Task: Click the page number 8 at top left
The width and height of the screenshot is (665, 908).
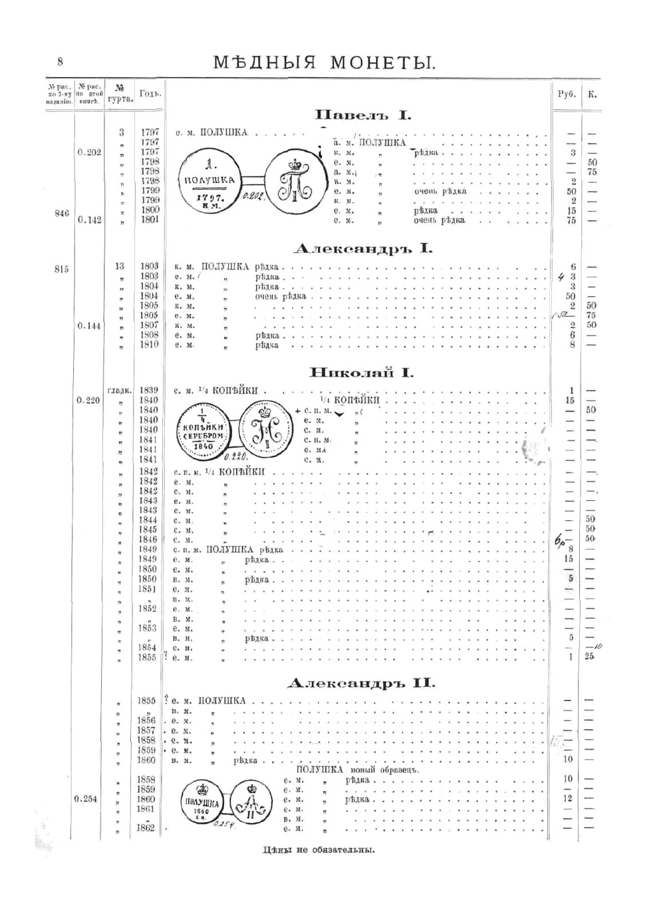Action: point(60,62)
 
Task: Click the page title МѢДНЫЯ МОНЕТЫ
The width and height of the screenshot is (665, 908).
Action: point(325,63)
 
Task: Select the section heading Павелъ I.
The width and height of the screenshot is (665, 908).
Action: point(363,115)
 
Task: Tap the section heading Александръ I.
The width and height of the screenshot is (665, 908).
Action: point(363,249)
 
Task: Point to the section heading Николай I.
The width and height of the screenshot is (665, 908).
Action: point(362,373)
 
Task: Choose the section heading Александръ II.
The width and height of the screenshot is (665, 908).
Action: point(362,683)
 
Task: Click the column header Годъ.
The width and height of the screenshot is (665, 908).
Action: point(150,94)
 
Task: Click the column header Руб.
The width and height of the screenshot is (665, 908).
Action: point(566,94)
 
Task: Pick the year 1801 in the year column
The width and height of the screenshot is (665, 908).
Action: point(150,219)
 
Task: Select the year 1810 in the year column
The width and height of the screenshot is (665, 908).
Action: point(150,345)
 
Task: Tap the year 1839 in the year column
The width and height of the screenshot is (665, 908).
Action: point(149,390)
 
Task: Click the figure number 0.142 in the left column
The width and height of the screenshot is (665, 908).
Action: point(89,220)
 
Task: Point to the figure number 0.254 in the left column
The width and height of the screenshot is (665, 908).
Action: point(86,799)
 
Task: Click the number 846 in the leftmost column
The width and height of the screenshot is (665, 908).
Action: point(61,213)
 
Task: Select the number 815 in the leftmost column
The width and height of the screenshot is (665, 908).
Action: point(61,269)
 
